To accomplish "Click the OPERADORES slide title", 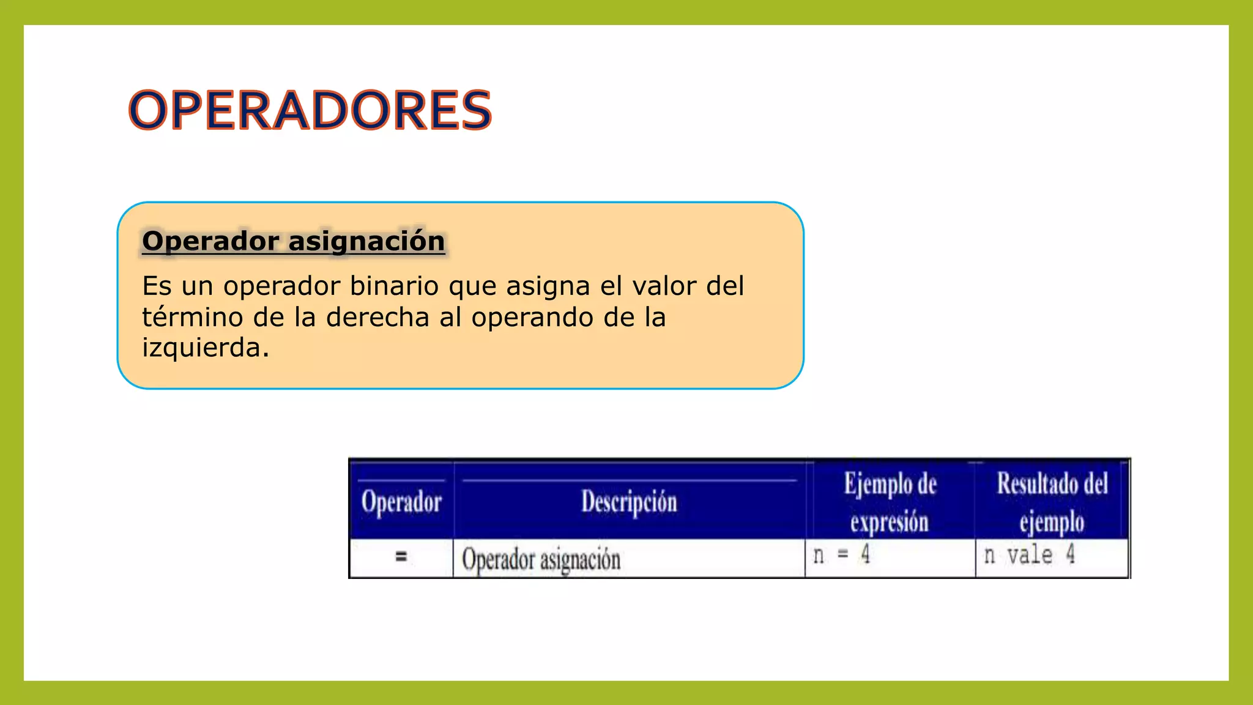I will pos(310,110).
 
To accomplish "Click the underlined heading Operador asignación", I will pos(293,241).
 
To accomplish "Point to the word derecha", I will pos(377,317).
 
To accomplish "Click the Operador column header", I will pos(401,502).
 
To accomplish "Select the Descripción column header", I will pos(629,502).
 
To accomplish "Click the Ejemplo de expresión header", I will pos(890,502).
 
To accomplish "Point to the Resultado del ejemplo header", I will pos(1052,502).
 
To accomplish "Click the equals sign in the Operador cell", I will pos(401,556).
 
